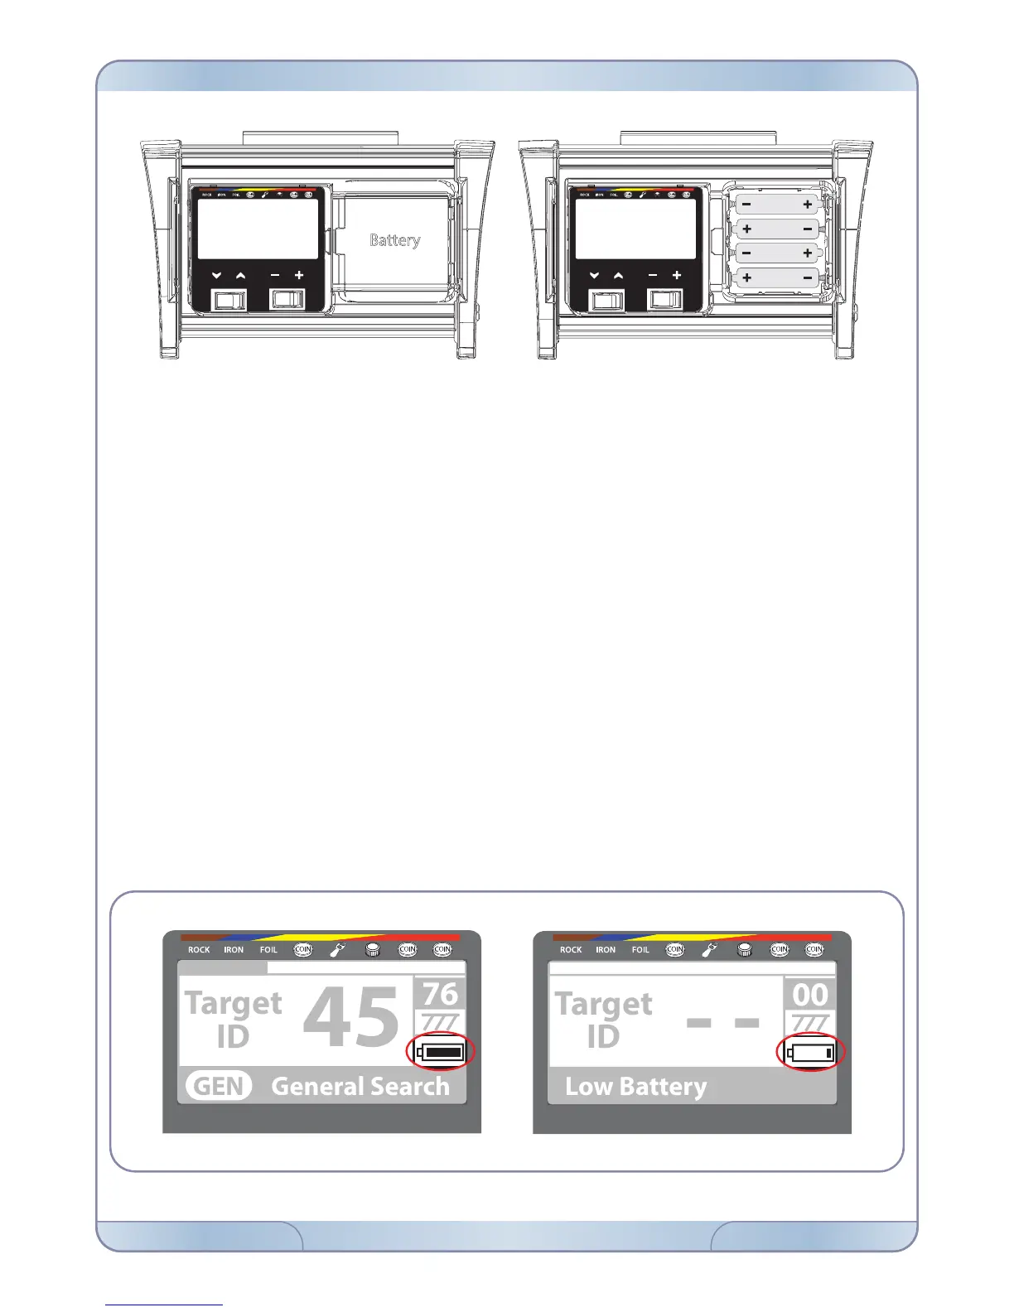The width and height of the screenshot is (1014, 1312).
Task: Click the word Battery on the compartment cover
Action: coord(394,240)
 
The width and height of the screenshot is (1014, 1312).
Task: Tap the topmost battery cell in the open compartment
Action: coord(777,204)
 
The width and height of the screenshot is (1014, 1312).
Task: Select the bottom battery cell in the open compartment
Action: coord(777,278)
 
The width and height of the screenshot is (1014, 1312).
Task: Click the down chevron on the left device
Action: coord(216,276)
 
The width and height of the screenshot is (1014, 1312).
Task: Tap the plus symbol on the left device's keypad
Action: coord(299,276)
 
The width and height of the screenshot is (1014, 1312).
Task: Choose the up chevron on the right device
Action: coord(618,276)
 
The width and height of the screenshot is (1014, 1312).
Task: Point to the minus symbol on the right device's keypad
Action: coord(653,276)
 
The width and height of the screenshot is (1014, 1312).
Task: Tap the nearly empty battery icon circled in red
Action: coord(812,1054)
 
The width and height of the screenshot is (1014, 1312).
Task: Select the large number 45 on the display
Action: coord(351,1019)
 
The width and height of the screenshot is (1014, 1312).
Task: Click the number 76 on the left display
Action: coord(440,993)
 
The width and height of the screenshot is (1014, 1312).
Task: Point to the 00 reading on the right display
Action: coord(809,994)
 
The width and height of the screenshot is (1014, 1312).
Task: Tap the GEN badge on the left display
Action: coord(218,1086)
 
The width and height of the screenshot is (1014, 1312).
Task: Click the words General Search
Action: coord(360,1086)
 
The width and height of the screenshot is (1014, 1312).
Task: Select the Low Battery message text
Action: coord(636,1087)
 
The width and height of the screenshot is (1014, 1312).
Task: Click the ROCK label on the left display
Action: coord(199,950)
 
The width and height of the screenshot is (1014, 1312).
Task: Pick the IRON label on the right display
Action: coord(606,950)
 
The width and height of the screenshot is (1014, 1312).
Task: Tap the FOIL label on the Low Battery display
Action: coord(640,950)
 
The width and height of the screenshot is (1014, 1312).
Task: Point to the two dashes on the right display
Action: coord(722,1024)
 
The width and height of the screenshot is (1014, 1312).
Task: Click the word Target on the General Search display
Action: coord(234,1003)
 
